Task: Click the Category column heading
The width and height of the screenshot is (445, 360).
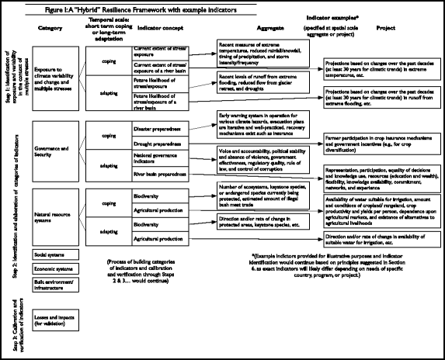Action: [50, 29]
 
